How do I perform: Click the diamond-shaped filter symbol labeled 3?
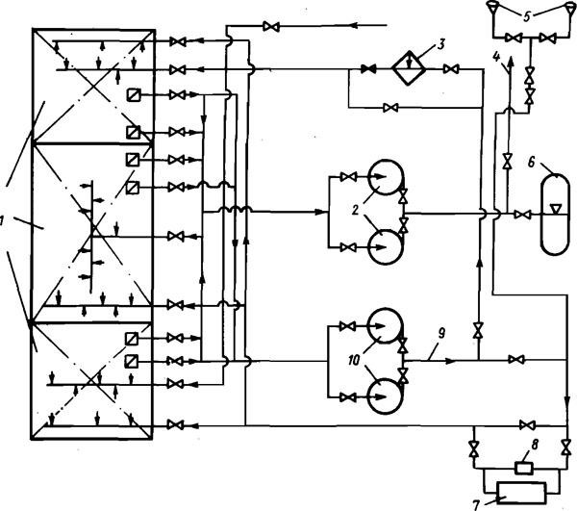(x=408, y=68)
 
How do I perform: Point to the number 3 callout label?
(x=440, y=44)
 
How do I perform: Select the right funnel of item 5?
(x=569, y=6)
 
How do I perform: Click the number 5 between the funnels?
(x=527, y=16)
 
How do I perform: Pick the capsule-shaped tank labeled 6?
(x=554, y=215)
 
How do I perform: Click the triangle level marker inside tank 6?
(x=555, y=209)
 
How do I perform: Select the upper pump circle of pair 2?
(x=386, y=177)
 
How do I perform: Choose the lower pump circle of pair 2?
(x=386, y=246)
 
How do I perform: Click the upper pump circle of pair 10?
(x=385, y=326)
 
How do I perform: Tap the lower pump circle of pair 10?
(x=386, y=396)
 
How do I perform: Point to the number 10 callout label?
(x=354, y=361)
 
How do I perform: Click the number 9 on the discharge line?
(x=441, y=333)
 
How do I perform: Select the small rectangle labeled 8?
(x=524, y=469)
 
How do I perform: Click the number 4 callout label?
(x=496, y=57)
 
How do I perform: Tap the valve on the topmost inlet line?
(x=271, y=27)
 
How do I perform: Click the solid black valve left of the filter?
(x=368, y=69)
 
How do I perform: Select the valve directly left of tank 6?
(x=522, y=215)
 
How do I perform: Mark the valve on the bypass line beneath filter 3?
(x=390, y=108)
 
